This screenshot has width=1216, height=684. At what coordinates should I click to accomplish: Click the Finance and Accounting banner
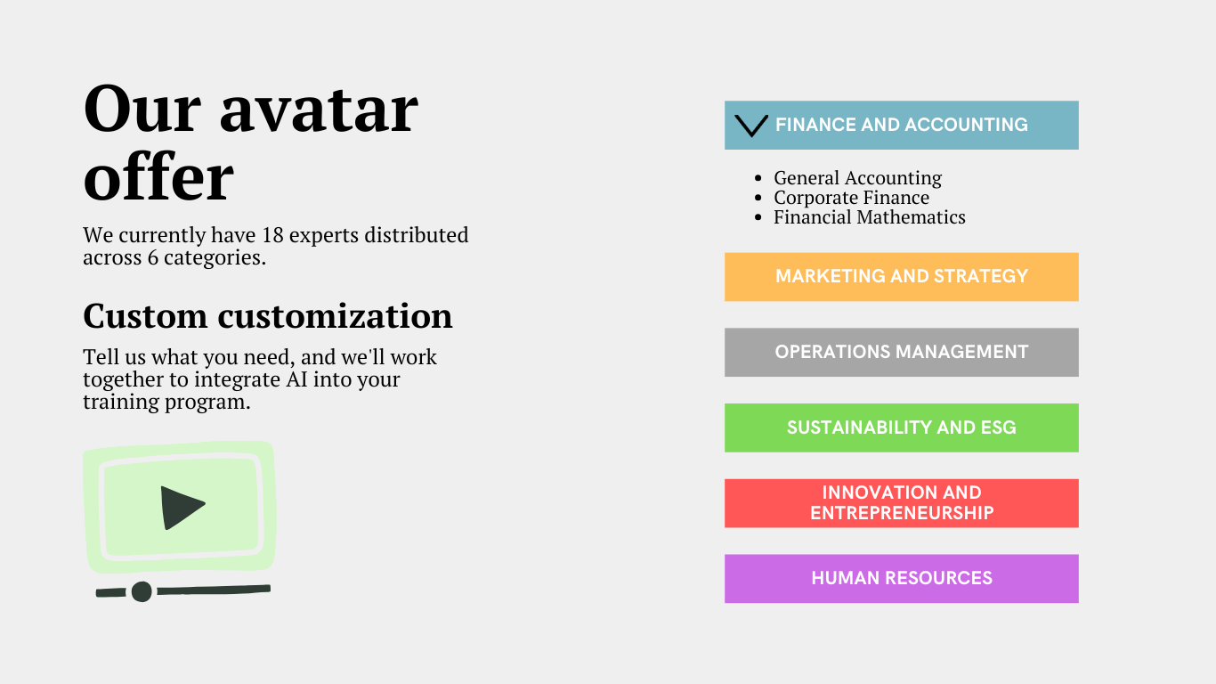click(901, 125)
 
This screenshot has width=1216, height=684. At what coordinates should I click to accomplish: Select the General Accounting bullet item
click(858, 177)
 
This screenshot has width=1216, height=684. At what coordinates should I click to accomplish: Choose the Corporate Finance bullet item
click(851, 197)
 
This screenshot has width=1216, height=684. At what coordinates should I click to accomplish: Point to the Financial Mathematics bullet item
click(869, 216)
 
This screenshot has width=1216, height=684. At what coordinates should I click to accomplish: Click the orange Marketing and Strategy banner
click(901, 276)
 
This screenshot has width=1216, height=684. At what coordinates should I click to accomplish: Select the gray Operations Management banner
click(901, 352)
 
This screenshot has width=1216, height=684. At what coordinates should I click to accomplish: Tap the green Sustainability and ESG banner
click(901, 427)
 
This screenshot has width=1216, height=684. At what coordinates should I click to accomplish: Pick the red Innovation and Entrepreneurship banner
click(901, 503)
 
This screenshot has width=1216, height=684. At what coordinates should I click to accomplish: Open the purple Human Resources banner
click(901, 579)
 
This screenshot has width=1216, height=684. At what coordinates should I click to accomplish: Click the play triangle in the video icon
click(180, 508)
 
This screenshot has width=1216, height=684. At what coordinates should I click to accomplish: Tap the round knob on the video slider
click(142, 591)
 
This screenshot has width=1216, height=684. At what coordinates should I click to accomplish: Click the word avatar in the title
click(319, 111)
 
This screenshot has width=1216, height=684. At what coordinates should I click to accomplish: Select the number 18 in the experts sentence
click(272, 235)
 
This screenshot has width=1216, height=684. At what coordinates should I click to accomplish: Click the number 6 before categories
click(153, 257)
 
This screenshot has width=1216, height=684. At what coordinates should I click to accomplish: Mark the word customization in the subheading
click(335, 316)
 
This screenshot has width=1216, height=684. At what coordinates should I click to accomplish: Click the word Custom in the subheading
click(145, 316)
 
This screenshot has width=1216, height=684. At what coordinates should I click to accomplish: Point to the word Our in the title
click(142, 109)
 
